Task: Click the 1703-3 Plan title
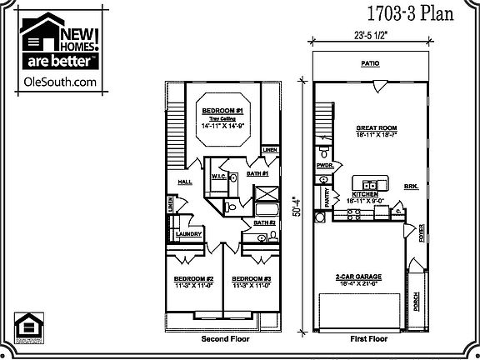click(x=411, y=14)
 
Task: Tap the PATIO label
click(x=370, y=63)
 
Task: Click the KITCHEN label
click(x=364, y=192)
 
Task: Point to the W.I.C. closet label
click(x=219, y=177)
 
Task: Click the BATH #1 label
click(x=257, y=173)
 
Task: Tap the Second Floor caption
click(x=225, y=340)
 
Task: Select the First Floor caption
click(x=369, y=340)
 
